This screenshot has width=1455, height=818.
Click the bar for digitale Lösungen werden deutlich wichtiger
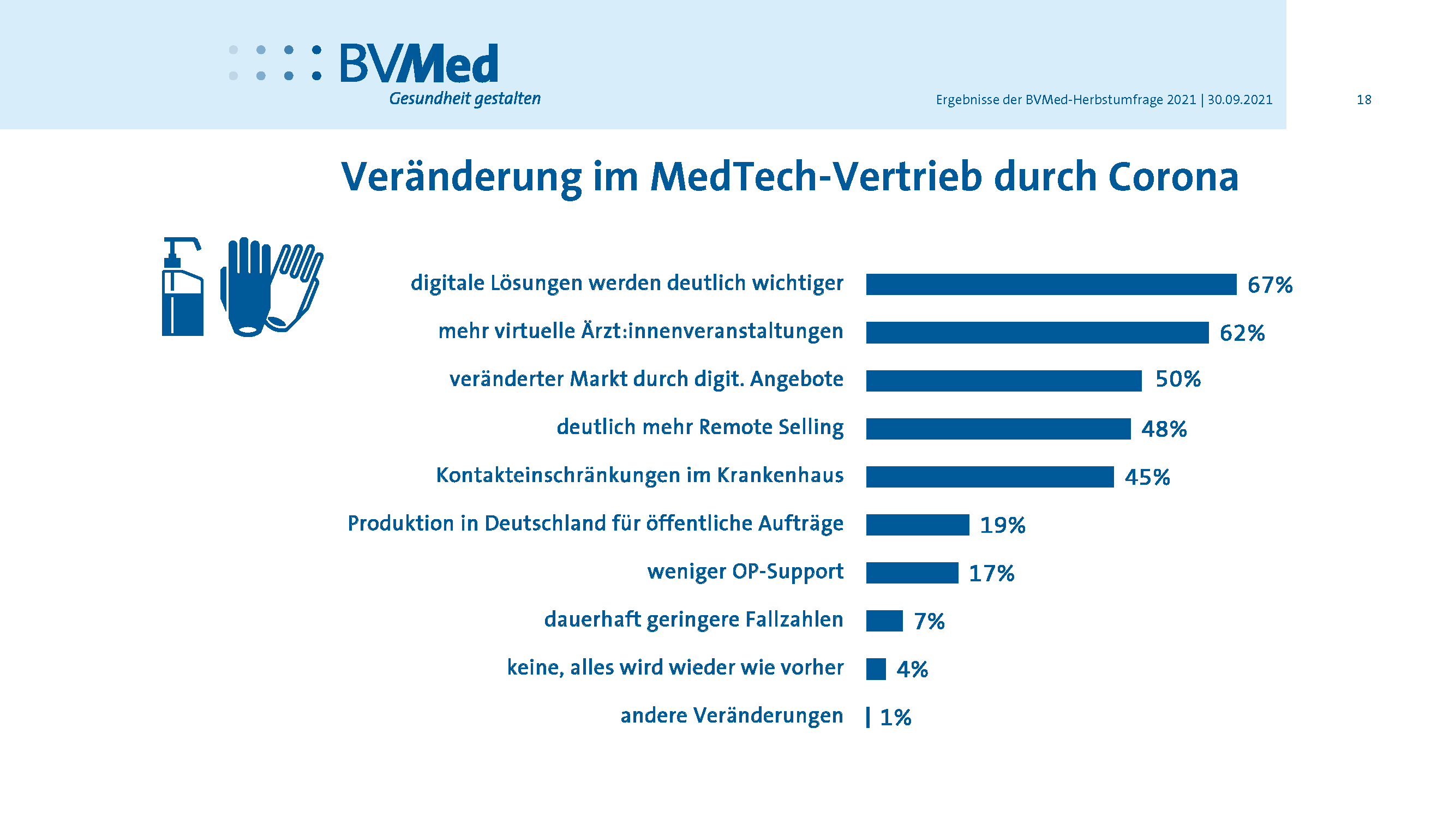coord(1051,285)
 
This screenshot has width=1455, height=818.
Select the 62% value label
coord(1242,333)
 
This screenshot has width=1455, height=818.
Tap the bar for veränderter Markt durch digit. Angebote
coord(1003,381)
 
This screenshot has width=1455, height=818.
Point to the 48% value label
coord(1164,429)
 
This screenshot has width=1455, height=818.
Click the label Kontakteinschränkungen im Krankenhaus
coord(639,476)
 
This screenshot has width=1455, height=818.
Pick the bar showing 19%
coord(917,525)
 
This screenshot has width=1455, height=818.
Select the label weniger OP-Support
coord(745,572)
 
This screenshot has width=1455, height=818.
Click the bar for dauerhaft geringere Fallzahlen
coord(884,621)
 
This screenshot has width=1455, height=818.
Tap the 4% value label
coord(912,670)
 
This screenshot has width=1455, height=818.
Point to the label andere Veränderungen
coord(732,715)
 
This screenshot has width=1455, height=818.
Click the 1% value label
coord(895,718)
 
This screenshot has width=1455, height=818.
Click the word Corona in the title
coord(1173,177)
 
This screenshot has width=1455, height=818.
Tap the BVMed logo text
coord(418,64)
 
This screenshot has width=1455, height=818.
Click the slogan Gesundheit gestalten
coord(464,99)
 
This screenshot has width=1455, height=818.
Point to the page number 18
coord(1363,100)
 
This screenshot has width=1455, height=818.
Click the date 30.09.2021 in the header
coord(1240,100)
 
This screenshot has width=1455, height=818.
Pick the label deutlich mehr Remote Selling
coord(700,428)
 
